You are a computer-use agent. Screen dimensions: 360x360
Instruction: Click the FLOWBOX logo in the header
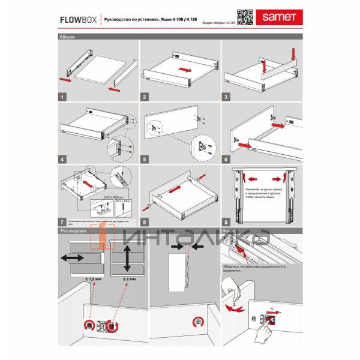(77, 19)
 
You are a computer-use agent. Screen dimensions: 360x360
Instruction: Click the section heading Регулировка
(74, 230)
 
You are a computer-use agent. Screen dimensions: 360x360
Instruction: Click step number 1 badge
(62, 97)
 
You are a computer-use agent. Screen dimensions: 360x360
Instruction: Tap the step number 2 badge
(145, 97)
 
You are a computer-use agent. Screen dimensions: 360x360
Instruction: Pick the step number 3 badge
(227, 97)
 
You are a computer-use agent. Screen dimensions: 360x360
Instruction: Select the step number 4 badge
(62, 160)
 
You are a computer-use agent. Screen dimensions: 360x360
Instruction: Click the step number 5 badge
(145, 160)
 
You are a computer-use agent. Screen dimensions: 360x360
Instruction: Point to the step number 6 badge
(227, 160)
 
